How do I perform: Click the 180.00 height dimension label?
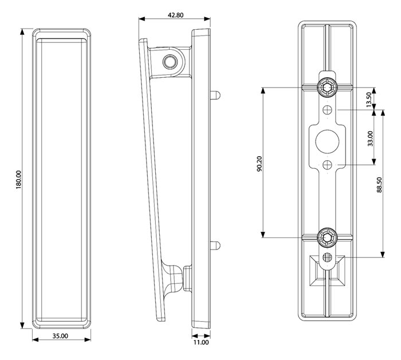18,180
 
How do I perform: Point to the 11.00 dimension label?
200,343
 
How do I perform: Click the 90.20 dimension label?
259,163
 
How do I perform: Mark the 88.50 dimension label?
379,185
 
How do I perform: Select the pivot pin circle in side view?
169,61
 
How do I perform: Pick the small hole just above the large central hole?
327,109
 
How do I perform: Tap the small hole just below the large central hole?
327,165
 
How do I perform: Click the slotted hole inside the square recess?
327,257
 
